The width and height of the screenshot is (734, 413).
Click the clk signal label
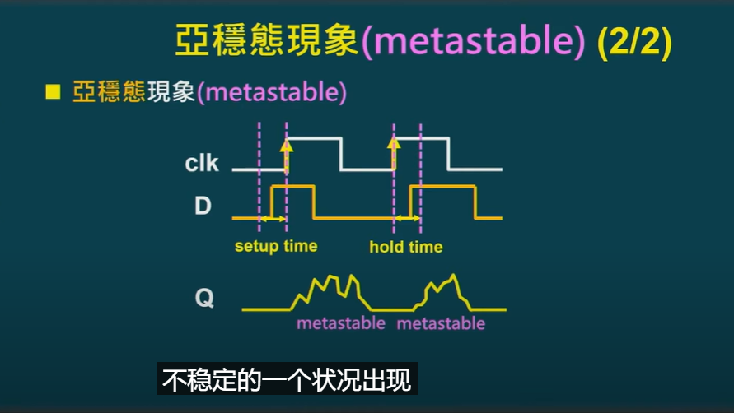[202, 163]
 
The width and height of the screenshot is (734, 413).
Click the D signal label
[203, 206]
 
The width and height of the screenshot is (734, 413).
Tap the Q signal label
[204, 298]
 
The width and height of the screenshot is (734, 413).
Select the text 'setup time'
[276, 246]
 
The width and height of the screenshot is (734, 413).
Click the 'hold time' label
[406, 247]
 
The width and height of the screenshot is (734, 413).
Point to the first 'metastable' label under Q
[341, 323]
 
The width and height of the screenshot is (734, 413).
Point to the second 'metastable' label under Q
[441, 323]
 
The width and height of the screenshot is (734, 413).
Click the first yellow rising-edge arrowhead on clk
[287, 145]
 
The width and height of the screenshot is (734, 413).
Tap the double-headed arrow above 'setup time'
[273, 218]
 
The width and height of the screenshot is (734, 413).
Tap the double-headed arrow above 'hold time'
[407, 218]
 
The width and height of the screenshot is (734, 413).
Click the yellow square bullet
[53, 91]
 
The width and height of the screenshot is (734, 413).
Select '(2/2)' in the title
[635, 41]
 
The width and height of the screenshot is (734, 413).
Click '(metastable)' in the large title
[473, 41]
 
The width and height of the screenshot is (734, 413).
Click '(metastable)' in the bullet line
[272, 92]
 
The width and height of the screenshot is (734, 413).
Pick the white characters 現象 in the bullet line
[171, 91]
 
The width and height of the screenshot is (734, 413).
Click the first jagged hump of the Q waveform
[330, 292]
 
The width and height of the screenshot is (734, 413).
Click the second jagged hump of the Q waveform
[442, 292]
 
